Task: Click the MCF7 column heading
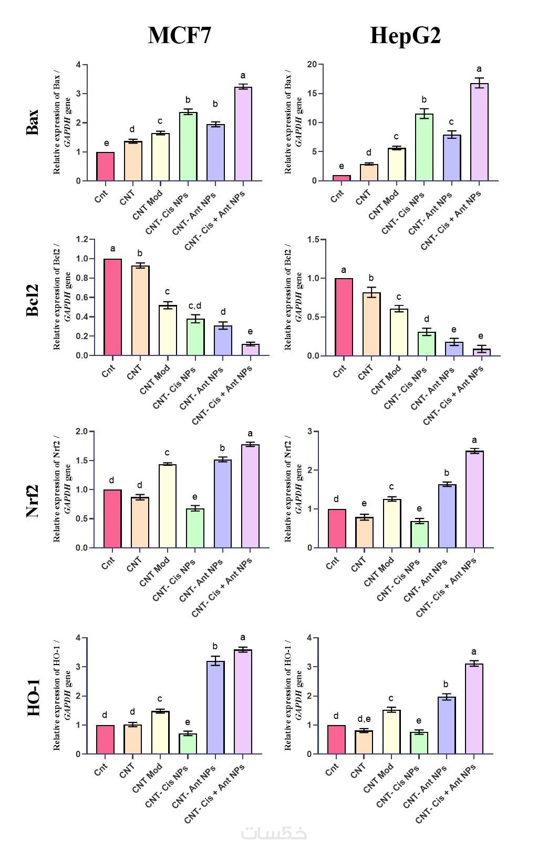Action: coord(179,36)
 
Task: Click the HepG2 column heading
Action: coord(405,36)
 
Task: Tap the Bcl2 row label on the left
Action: coord(33,300)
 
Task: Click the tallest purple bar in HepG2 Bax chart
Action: coord(479,132)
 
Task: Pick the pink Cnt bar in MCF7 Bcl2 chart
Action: coord(112,307)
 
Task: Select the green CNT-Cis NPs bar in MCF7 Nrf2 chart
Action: coord(194,528)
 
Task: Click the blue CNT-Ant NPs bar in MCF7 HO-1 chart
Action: coord(215,707)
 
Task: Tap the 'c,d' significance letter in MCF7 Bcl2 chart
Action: coord(195,306)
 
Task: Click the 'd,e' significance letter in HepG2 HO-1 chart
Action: coord(364,719)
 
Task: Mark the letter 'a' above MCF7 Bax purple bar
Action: coord(243,76)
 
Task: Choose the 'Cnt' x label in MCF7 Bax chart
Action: coord(101,197)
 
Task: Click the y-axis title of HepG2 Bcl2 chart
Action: coord(293,298)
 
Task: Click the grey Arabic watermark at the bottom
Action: coord(274,833)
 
